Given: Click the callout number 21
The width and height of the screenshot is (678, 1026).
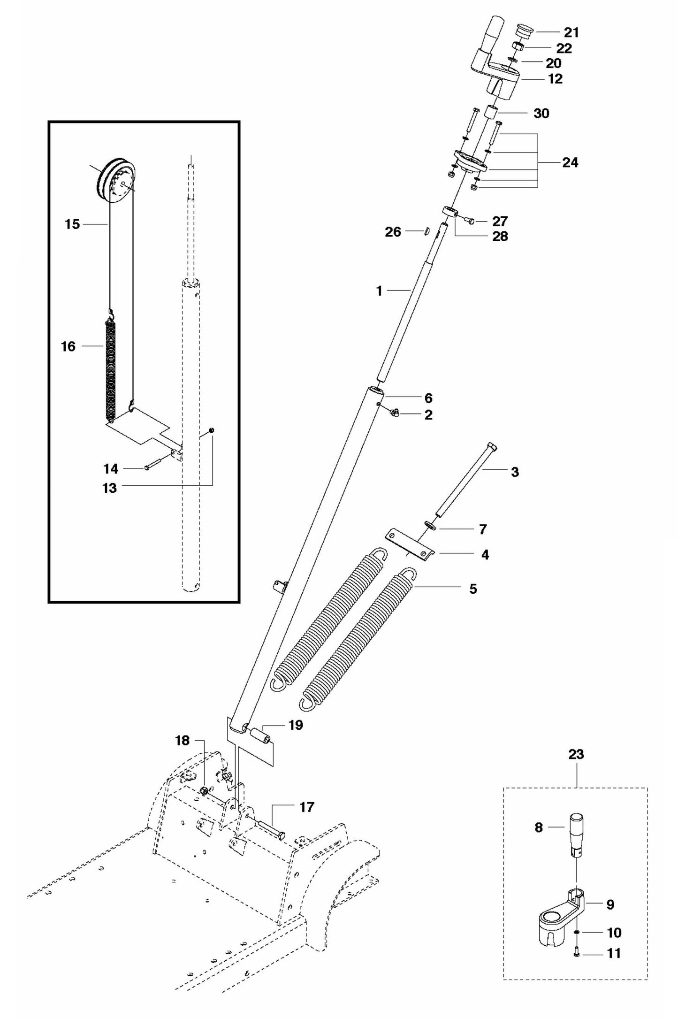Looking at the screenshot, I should [x=571, y=33].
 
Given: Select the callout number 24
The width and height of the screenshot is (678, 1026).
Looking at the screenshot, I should [x=570, y=163].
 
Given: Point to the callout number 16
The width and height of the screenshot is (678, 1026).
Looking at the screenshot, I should [x=68, y=346].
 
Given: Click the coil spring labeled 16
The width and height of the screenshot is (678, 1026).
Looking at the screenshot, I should [x=110, y=366].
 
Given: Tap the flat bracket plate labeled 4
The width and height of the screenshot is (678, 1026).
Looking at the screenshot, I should [x=409, y=545].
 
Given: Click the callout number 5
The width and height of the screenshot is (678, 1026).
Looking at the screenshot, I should [x=473, y=589].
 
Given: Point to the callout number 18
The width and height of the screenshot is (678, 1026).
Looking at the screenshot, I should [x=182, y=741].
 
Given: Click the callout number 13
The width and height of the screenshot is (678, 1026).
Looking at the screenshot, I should [x=109, y=488].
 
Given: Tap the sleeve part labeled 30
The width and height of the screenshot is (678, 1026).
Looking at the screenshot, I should [x=491, y=114].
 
